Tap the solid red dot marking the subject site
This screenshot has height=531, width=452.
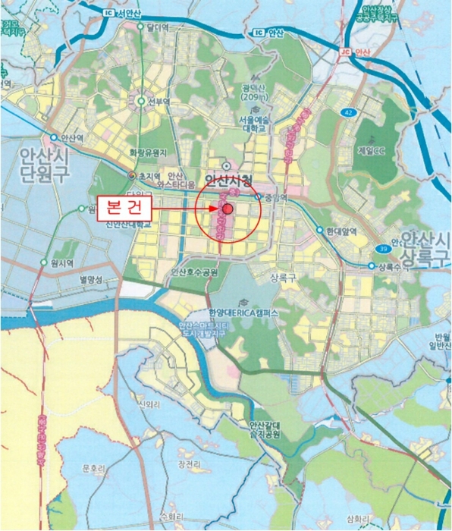pyautogui.click(x=228, y=208)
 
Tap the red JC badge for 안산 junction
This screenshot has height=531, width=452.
pyautogui.click(x=345, y=52)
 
